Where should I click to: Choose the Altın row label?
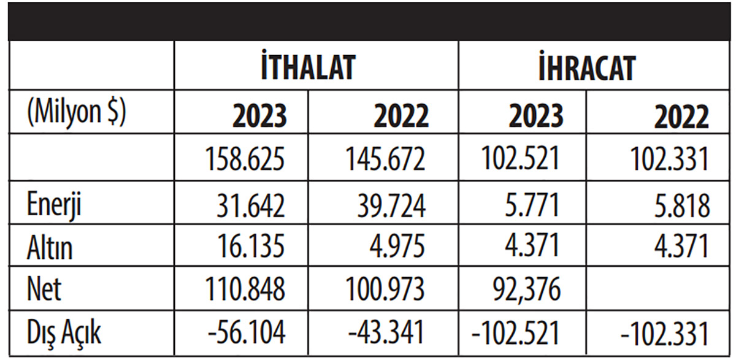coord(50,248)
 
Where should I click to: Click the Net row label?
coord(44,288)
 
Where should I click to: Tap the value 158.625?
coord(246,159)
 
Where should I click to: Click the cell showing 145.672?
coord(385,159)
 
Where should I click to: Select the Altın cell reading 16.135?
coord(251,247)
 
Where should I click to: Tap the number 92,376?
coord(526,288)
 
